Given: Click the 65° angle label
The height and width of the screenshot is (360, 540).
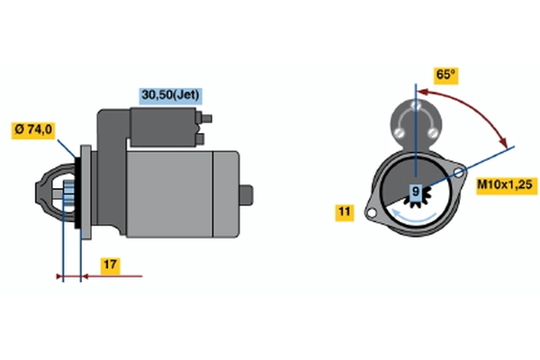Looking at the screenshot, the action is pyautogui.click(x=446, y=75).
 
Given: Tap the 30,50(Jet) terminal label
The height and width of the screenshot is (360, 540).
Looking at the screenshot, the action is pyautogui.click(x=170, y=95).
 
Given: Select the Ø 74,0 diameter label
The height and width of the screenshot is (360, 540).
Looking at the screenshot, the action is pyautogui.click(x=33, y=130).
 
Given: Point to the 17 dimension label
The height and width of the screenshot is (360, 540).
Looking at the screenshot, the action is pyautogui.click(x=110, y=265).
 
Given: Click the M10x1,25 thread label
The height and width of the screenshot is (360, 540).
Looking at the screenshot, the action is pyautogui.click(x=506, y=185).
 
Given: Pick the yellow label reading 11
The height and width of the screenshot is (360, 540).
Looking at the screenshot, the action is pyautogui.click(x=345, y=211).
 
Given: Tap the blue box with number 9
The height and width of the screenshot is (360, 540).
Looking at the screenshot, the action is pyautogui.click(x=416, y=191).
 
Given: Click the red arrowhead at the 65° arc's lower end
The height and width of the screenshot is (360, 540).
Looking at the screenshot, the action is pyautogui.click(x=504, y=142).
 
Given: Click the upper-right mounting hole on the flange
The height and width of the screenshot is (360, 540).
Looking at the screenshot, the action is pyautogui.click(x=458, y=173).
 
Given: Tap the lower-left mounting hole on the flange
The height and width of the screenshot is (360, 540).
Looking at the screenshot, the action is pyautogui.click(x=371, y=213).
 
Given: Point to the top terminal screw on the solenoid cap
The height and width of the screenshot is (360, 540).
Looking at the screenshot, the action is pyautogui.click(x=417, y=104).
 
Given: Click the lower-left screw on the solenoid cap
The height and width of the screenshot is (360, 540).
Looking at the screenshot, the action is pyautogui.click(x=400, y=132).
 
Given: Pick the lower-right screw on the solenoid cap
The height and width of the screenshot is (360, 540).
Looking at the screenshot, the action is pyautogui.click(x=432, y=132).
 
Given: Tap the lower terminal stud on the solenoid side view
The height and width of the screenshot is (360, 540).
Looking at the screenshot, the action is pyautogui.click(x=200, y=139).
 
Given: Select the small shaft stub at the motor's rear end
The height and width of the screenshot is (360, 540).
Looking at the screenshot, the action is pyautogui.click(x=247, y=195).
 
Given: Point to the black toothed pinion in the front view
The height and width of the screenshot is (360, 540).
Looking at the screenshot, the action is pyautogui.click(x=418, y=196).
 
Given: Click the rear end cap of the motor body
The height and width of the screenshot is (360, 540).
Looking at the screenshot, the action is pyautogui.click(x=226, y=194).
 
